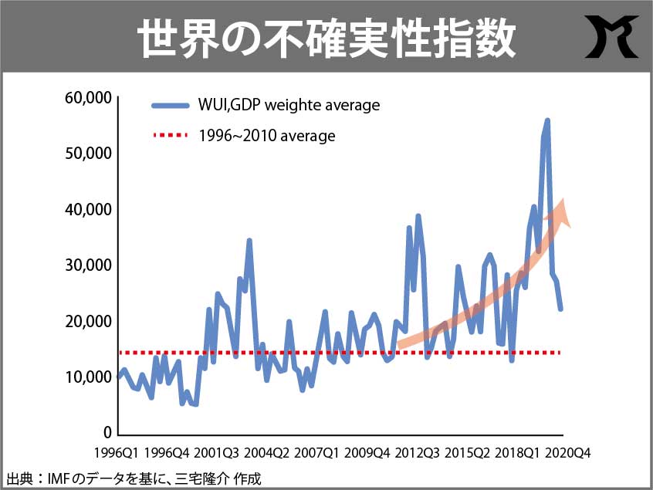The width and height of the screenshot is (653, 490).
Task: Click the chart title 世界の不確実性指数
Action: point(326,36)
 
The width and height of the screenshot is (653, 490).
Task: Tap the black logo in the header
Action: point(610,36)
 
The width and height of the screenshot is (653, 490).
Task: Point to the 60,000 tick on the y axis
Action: point(90,98)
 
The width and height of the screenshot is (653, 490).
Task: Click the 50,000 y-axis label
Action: point(90,154)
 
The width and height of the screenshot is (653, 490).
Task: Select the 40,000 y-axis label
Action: point(90,210)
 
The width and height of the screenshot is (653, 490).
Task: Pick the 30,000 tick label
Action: point(90,265)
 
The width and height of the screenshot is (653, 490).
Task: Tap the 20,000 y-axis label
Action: point(90,321)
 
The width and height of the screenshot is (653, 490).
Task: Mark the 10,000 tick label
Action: point(90,377)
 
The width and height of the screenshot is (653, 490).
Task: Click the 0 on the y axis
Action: point(107,433)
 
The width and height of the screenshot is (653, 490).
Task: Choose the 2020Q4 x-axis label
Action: point(567,453)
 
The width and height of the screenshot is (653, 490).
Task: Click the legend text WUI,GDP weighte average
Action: point(289,105)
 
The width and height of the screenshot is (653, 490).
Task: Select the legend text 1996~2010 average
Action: point(266,136)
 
